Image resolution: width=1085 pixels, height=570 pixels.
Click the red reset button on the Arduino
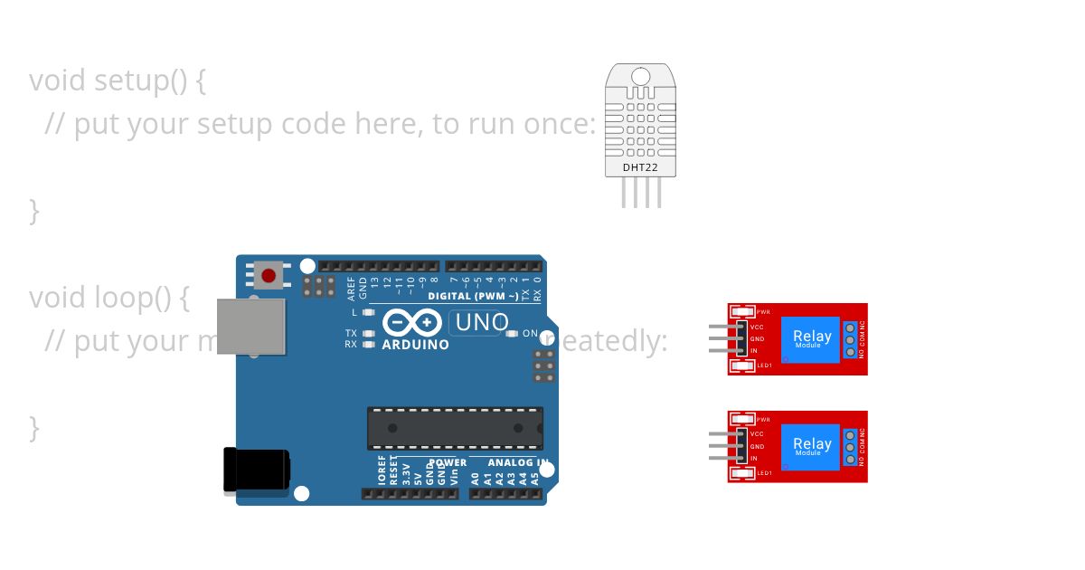coord(268,274)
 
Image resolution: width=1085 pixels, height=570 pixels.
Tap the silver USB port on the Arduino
coord(250,327)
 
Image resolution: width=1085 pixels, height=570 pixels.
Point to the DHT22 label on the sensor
coord(640,167)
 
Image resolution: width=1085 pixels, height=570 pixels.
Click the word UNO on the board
coord(482,322)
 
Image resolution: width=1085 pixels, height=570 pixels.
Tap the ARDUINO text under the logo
coord(415,345)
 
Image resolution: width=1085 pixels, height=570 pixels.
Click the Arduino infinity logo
coord(411,323)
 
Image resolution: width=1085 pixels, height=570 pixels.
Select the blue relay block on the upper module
coord(811,339)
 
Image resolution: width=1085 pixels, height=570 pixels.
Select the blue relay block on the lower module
coord(811,446)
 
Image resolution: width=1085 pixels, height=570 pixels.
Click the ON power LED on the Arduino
coord(512,334)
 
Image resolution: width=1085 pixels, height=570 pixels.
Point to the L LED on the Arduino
coord(368,312)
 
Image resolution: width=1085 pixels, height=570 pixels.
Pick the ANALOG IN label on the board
coord(518,462)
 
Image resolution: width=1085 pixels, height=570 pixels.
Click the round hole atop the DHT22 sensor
coord(640,75)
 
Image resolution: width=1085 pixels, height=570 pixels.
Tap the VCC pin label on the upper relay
coord(758,327)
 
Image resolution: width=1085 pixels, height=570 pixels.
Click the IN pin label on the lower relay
coord(754,458)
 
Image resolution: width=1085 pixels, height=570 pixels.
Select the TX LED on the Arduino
coord(368,333)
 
